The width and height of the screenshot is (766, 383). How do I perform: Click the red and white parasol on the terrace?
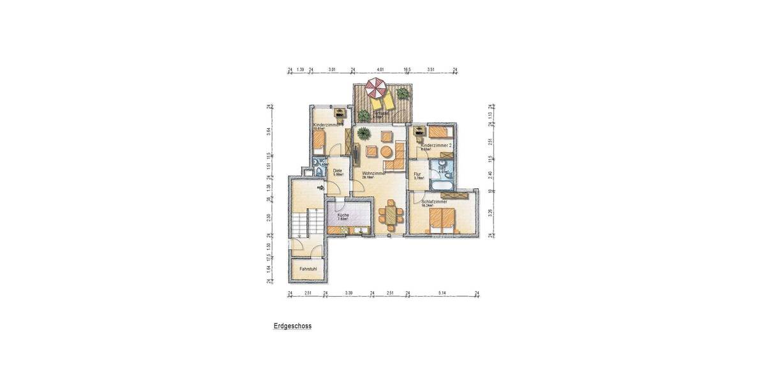(x=376, y=87)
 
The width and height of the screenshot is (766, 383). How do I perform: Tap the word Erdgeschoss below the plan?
(x=292, y=326)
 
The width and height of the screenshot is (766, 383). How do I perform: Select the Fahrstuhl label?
(x=308, y=269)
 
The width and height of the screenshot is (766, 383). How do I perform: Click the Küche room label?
(x=343, y=215)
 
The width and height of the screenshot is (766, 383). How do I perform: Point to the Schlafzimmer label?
(x=434, y=202)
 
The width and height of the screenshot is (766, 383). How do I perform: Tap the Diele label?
(x=338, y=171)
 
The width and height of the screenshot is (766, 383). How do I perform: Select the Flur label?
(x=417, y=174)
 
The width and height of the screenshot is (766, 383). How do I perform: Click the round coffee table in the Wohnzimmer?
(x=386, y=152)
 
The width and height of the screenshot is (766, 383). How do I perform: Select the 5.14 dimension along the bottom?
(x=442, y=292)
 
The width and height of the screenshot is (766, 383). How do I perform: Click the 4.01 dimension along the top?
(x=381, y=69)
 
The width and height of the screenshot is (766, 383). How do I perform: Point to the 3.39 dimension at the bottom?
(x=349, y=292)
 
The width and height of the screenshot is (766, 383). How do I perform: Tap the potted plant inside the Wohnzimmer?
(x=363, y=133)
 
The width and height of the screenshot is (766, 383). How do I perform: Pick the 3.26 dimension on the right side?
(x=490, y=213)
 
